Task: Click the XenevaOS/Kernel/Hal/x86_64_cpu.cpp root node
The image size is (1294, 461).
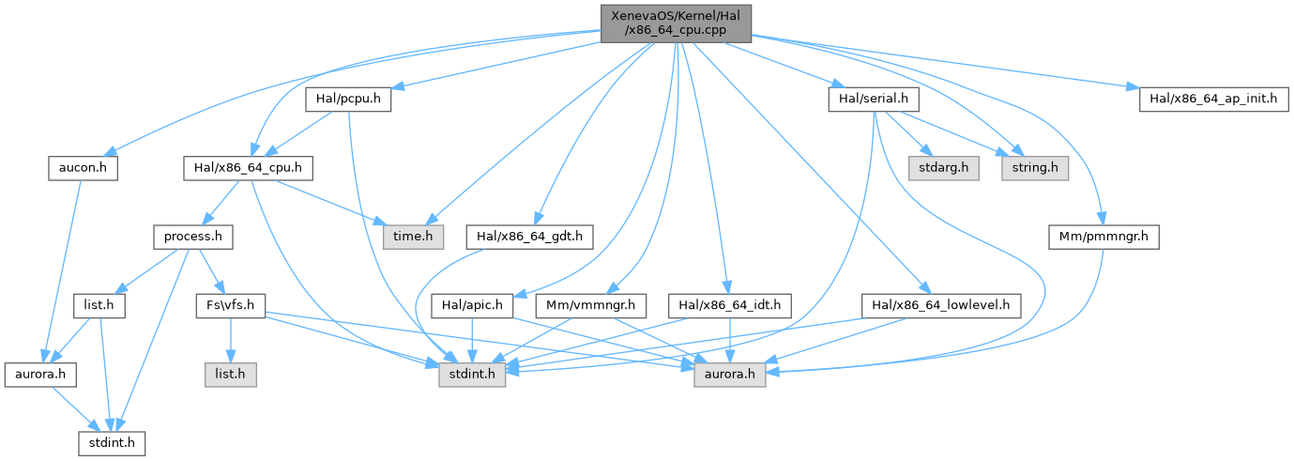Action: tap(675, 23)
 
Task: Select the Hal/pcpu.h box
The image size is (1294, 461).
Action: tap(347, 99)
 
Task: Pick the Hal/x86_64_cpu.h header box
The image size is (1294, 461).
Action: tap(248, 169)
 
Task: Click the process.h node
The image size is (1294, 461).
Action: tap(193, 237)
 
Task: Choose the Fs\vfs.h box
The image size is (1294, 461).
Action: tap(230, 305)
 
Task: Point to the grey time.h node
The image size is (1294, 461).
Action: tap(412, 237)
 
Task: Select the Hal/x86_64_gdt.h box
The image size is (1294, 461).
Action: tap(530, 237)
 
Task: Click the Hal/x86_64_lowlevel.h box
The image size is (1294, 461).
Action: tap(941, 305)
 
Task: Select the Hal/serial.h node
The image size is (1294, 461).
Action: tap(873, 99)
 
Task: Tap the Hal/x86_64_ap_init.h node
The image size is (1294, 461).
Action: tap(1210, 99)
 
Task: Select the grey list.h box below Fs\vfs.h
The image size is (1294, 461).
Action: tap(230, 374)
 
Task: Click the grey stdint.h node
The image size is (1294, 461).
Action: tap(473, 374)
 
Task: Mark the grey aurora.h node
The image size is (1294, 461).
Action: tap(729, 374)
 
